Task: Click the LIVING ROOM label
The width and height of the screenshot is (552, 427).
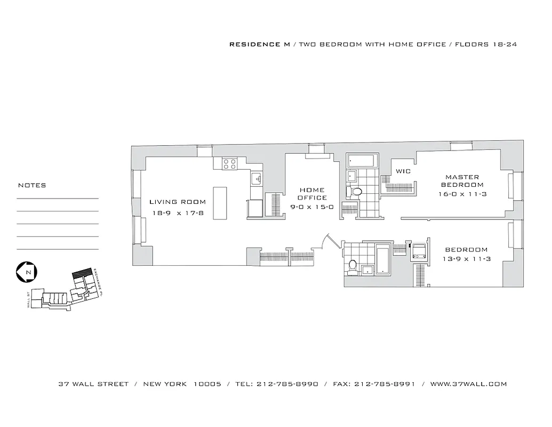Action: coord(177,202)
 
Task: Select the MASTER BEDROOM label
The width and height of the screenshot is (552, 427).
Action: coord(462,181)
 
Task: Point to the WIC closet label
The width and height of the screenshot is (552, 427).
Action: coord(402,171)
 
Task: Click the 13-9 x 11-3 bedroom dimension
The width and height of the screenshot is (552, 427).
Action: coord(466,259)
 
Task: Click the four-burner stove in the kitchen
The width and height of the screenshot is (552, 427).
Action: coord(229,164)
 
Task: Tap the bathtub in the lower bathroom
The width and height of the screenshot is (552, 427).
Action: coord(383,260)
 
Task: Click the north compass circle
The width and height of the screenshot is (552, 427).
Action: coord(26,272)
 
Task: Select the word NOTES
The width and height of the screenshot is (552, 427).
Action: coord(32,186)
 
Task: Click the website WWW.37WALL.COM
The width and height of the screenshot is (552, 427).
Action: coord(468,384)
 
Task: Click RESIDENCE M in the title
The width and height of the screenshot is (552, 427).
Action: coord(259,44)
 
